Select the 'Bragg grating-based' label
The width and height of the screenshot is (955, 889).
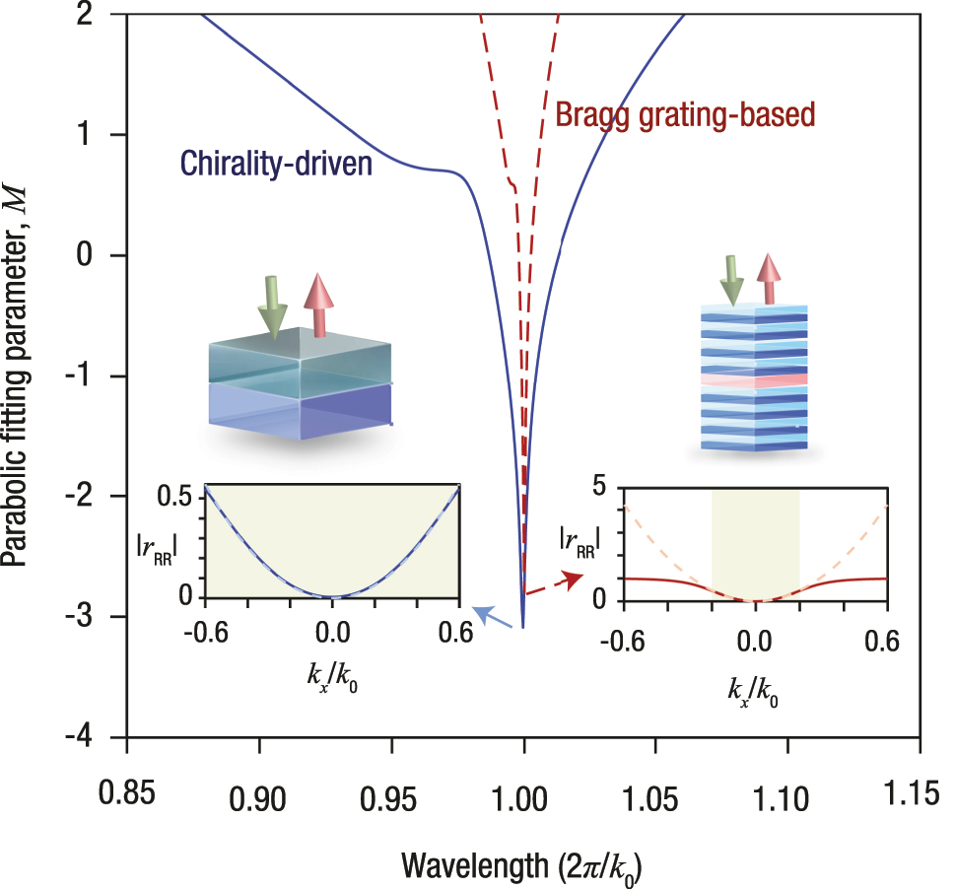(x=686, y=114)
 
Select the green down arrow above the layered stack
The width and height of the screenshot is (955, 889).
(x=732, y=279)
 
